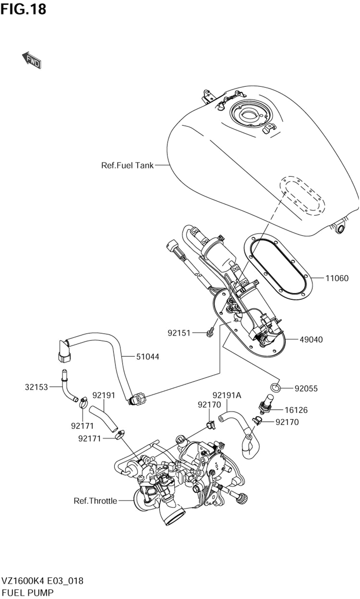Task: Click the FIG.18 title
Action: [x=23, y=9]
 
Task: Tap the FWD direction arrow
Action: [x=32, y=60]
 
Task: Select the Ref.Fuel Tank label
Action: [x=127, y=166]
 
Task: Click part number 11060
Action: [x=337, y=278]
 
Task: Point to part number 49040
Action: [x=311, y=339]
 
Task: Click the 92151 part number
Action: [x=179, y=333]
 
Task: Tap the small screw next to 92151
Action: [x=210, y=332]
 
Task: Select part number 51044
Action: [x=148, y=356]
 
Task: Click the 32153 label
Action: [x=36, y=387]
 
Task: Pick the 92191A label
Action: [x=227, y=395]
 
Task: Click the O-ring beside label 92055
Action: [x=275, y=387]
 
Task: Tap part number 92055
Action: [x=306, y=388]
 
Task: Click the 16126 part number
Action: [x=296, y=410]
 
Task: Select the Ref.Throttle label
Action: [x=95, y=501]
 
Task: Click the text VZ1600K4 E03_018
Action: [x=42, y=581]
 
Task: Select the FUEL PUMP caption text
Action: [x=28, y=593]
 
